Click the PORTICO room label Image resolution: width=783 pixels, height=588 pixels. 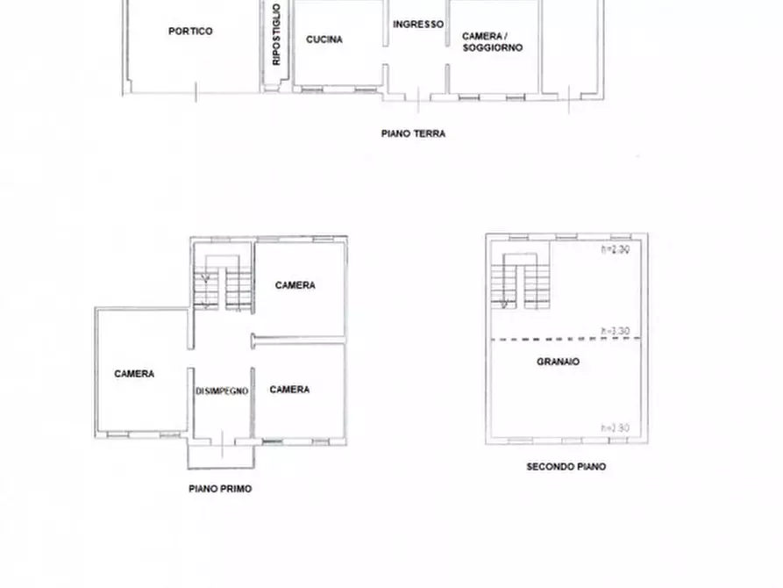190,32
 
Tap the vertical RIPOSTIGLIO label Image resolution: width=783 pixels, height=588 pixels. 276,35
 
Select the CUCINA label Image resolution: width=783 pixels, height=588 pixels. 324,39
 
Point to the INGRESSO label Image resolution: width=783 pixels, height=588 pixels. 417,25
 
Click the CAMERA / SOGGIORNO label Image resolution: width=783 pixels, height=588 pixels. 492,41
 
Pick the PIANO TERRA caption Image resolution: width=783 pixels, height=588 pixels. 413,134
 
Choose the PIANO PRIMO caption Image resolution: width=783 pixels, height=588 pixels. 219,489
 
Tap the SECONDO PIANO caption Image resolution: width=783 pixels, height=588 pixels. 566,467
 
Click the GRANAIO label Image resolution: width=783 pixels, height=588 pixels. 558,362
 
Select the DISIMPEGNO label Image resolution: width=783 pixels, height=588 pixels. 222,391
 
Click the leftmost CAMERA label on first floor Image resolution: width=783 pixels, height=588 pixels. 134,374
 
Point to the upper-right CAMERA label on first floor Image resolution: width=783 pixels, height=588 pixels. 295,285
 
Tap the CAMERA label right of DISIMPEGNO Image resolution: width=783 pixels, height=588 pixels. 289,390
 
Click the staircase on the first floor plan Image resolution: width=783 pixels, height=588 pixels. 223,282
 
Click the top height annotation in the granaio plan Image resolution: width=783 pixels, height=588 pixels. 615,249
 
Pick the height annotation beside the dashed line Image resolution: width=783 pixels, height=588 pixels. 615,331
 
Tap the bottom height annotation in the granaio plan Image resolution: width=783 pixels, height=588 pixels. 615,427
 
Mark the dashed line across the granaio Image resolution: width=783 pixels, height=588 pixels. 544,339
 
